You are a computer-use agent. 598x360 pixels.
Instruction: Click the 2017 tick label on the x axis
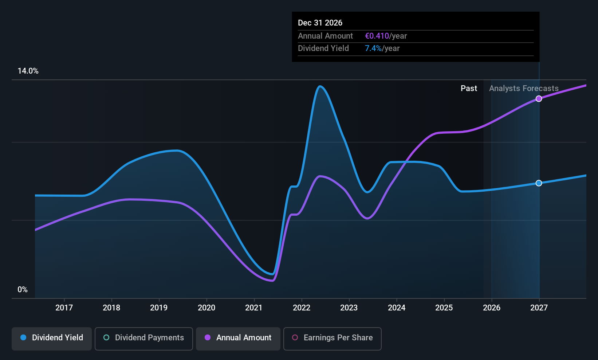64,308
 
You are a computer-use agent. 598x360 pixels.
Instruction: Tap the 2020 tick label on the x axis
206,308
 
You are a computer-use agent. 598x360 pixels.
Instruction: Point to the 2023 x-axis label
349,308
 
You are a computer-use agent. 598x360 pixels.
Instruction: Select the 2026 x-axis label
492,308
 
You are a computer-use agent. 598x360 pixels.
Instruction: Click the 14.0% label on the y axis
28,71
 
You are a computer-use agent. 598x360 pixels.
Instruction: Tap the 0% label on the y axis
23,290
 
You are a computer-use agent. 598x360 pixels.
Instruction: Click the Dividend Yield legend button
52,338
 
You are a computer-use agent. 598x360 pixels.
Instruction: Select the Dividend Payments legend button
144,338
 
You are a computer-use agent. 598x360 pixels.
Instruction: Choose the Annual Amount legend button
238,338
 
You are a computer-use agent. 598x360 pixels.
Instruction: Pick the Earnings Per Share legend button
332,338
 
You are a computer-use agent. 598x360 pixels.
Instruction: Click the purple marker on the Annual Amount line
539,99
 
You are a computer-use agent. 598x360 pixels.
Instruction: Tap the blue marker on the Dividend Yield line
539,183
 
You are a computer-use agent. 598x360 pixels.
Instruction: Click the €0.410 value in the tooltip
377,36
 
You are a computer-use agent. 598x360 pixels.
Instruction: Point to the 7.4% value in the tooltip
373,48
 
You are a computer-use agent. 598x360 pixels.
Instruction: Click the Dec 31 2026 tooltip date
320,23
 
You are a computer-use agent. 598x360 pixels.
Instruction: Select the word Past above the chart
469,89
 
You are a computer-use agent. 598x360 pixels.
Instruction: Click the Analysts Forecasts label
524,89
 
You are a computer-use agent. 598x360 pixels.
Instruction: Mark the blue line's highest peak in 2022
320,86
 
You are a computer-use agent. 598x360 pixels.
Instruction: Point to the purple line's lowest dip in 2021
272,281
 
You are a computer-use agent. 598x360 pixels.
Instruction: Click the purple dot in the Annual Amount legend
208,338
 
